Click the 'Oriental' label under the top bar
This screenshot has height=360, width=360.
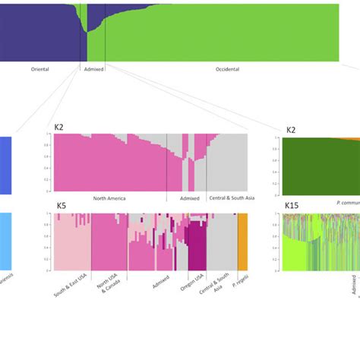(40, 69)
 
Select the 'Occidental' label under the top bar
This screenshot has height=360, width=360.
(226, 69)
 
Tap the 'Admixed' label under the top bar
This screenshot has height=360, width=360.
(93, 69)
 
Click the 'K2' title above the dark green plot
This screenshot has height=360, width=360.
(291, 130)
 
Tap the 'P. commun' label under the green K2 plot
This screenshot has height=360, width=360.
(346, 203)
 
